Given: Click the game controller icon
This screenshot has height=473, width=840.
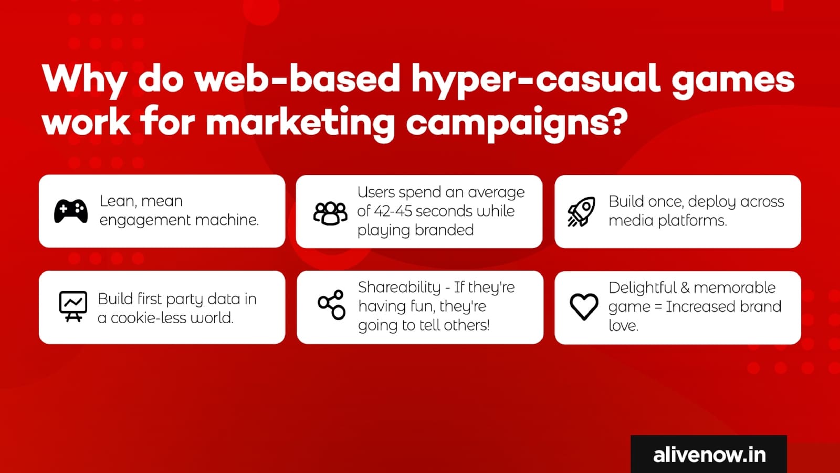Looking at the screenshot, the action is tap(71, 211).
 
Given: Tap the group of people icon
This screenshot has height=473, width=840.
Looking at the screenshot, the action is tap(330, 213).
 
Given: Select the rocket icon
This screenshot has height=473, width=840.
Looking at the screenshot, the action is tap(581, 211).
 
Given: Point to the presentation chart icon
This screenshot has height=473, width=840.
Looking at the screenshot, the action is tap(73, 306).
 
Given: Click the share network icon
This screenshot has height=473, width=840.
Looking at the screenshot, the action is tap(331, 304).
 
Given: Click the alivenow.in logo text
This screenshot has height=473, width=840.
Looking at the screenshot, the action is tap(709, 455).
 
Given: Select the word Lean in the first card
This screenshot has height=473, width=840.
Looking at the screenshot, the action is tap(117, 202).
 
